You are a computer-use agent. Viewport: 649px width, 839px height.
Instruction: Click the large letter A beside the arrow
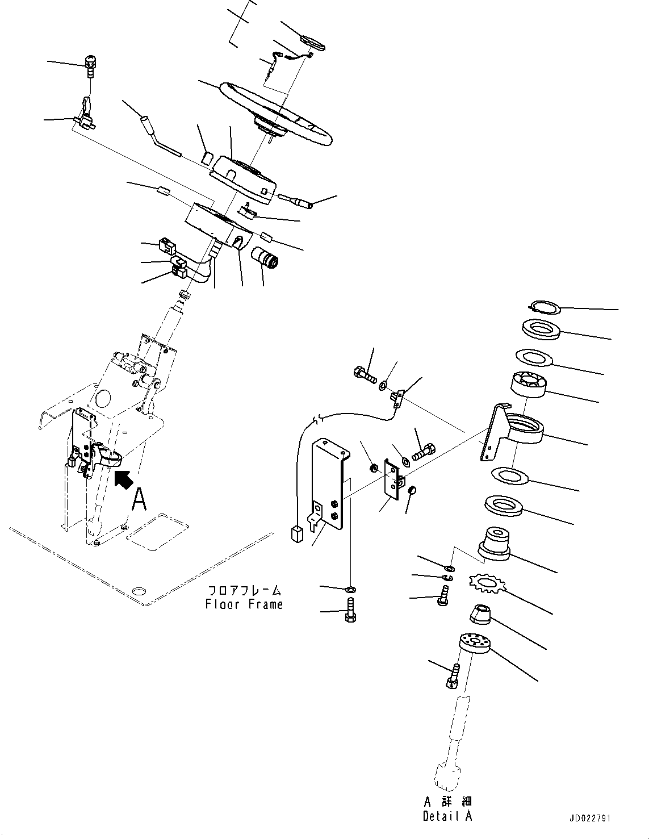coord(140,501)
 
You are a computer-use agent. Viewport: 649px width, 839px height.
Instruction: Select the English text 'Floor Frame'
coord(244,604)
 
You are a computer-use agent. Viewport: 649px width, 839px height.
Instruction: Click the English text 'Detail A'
coord(447,816)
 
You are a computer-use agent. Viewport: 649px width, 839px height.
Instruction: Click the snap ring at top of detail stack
coord(543,308)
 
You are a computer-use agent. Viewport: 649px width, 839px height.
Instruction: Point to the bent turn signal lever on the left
coord(156,136)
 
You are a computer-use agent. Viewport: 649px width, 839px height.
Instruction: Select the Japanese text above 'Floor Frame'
coord(244,591)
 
